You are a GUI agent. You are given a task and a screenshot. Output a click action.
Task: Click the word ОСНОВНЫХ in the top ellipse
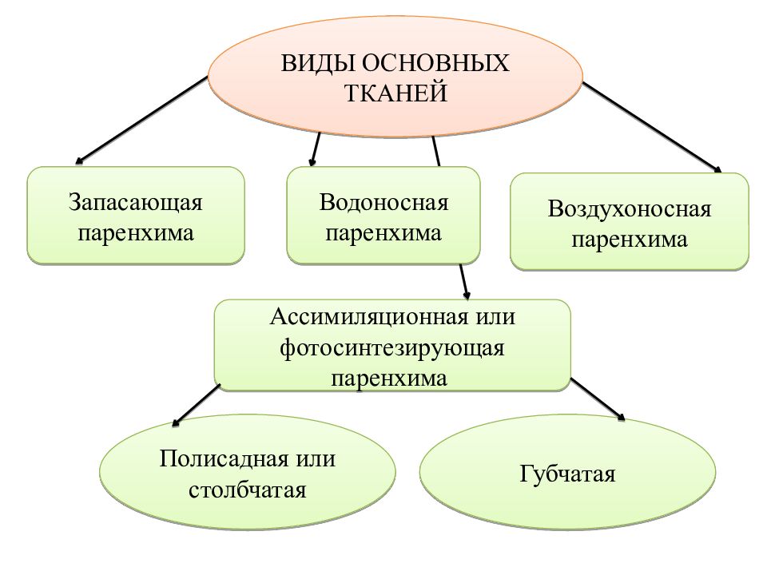point(435,64)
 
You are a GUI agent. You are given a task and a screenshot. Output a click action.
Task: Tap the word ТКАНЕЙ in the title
point(395,93)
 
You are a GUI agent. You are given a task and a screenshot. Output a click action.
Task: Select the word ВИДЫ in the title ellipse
point(318,64)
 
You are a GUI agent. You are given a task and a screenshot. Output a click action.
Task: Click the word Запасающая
point(136,202)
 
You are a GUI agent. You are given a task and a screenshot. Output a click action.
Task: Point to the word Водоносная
point(383,202)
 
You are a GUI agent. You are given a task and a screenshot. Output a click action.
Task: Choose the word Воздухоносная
point(629,209)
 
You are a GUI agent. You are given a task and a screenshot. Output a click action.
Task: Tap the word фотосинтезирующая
point(391,348)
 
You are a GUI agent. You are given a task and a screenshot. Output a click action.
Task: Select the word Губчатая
point(567,474)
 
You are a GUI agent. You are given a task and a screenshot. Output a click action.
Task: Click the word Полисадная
point(224,458)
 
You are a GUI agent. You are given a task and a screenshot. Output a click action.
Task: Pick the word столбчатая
point(248,490)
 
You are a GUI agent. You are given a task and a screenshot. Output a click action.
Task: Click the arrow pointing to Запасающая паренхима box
point(141,121)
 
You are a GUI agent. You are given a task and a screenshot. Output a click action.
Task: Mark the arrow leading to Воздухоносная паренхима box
point(652,128)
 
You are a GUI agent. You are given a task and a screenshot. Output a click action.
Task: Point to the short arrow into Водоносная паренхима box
point(316,149)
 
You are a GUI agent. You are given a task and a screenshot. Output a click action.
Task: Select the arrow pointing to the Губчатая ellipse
point(598,399)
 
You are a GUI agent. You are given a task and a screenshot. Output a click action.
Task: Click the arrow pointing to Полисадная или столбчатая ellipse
point(197,406)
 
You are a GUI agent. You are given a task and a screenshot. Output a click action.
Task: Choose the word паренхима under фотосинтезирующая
point(389,379)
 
